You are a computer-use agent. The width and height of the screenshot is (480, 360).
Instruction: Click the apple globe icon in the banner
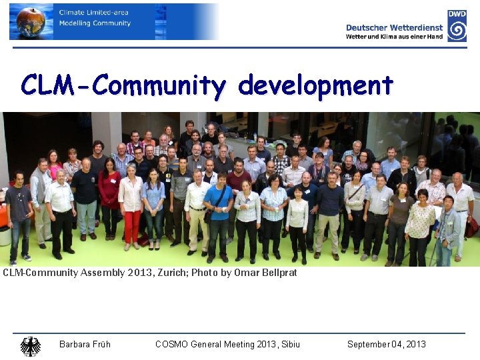click(x=30, y=22)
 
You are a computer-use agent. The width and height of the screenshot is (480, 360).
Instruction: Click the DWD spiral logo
click(x=457, y=30)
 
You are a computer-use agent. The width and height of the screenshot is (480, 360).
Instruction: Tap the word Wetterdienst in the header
click(x=417, y=27)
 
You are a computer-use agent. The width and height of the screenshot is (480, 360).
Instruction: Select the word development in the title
click(x=315, y=85)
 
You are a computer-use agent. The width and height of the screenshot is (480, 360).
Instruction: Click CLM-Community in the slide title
click(x=123, y=85)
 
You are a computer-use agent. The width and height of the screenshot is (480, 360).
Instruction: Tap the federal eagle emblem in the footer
click(x=30, y=345)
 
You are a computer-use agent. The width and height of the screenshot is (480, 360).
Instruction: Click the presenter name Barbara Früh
click(x=85, y=344)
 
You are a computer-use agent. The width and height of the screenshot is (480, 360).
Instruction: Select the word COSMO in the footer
click(x=172, y=344)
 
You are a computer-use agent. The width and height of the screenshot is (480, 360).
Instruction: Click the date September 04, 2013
click(x=386, y=344)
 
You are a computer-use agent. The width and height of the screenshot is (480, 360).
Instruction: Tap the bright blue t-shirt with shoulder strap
click(x=217, y=200)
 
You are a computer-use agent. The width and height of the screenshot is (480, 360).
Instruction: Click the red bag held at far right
click(x=471, y=227)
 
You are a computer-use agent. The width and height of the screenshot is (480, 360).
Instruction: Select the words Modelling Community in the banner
click(x=95, y=23)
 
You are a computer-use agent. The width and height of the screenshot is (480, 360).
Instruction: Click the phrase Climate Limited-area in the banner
click(x=93, y=12)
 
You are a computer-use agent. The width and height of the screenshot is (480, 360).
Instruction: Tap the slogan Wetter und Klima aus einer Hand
click(x=394, y=37)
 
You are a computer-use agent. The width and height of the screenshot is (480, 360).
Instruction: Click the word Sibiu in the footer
click(x=289, y=344)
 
